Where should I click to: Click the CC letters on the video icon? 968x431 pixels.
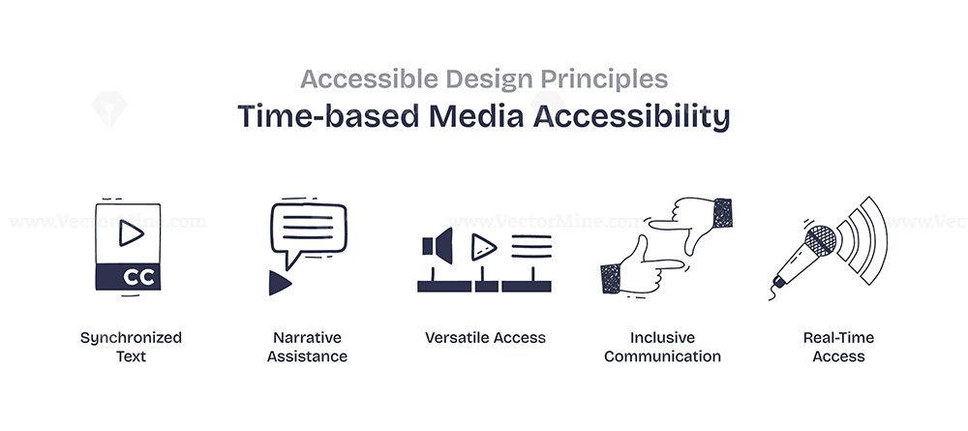pyautogui.click(x=138, y=277)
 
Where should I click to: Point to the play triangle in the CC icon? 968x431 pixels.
pyautogui.click(x=131, y=232)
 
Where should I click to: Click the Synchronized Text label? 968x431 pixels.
pyautogui.click(x=131, y=347)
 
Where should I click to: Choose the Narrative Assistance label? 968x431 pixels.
pyautogui.click(x=308, y=347)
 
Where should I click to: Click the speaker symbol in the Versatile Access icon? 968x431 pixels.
pyautogui.click(x=438, y=246)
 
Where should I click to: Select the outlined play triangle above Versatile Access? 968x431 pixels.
pyautogui.click(x=483, y=248)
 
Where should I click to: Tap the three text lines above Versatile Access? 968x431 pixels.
pyautogui.click(x=531, y=246)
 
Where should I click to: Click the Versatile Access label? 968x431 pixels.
pyautogui.click(x=485, y=338)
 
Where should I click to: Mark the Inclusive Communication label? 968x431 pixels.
pyautogui.click(x=662, y=347)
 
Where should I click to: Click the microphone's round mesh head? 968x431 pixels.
pyautogui.click(x=821, y=241)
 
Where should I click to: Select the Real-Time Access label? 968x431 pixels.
pyautogui.click(x=838, y=347)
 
